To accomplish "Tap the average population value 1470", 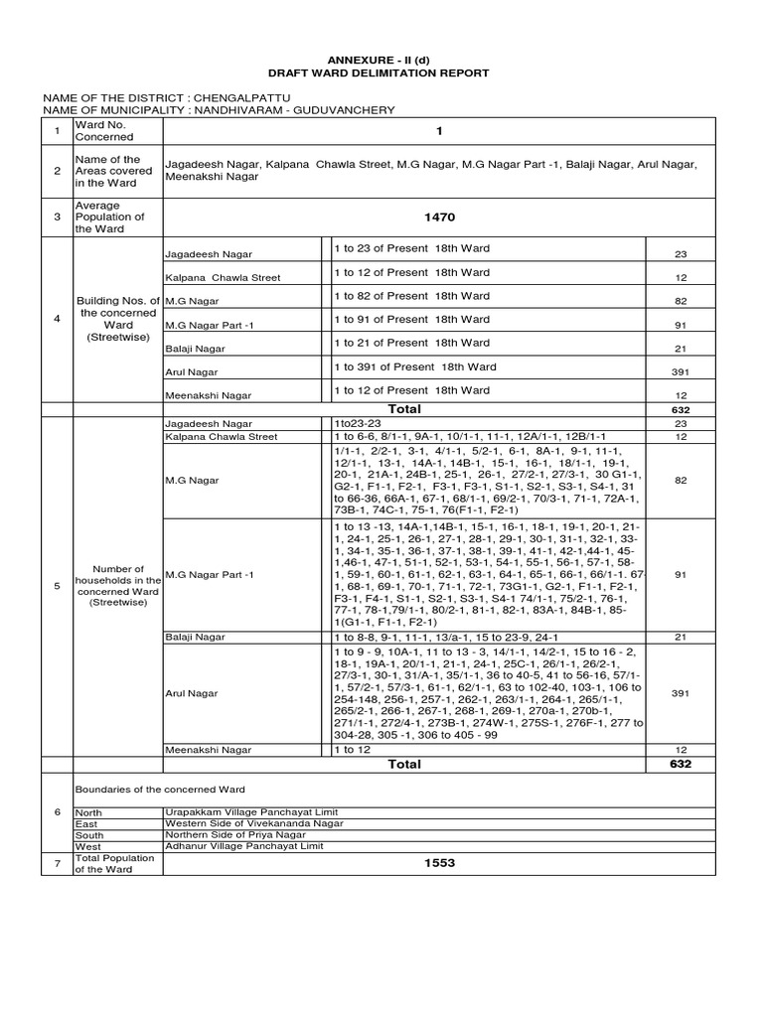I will pyautogui.click(x=440, y=216).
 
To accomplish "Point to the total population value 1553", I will pyautogui.click(x=440, y=863).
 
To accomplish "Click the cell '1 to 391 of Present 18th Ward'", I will pyautogui.click(x=415, y=366).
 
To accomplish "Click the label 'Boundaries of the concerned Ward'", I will pyautogui.click(x=161, y=789).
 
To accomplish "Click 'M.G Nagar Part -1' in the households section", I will pyautogui.click(x=209, y=574).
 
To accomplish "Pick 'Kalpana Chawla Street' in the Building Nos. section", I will pyautogui.click(x=222, y=277).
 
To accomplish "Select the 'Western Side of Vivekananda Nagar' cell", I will pyautogui.click(x=254, y=823).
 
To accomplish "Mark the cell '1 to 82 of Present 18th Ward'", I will pyautogui.click(x=411, y=296).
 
